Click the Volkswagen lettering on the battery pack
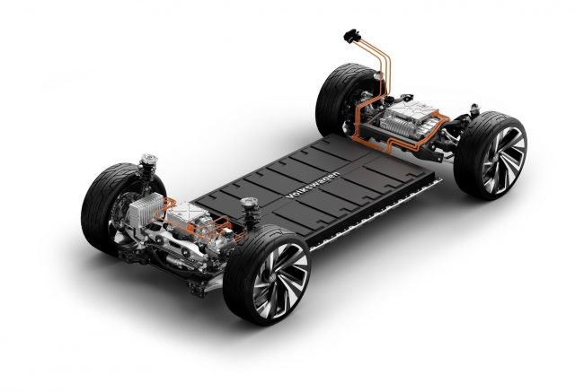click(313, 185)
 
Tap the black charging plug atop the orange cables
click(352, 36)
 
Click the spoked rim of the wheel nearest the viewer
click(280, 279)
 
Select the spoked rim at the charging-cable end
click(503, 160)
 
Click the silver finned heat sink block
click(146, 209)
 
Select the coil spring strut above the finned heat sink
click(147, 168)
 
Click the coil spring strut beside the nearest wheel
click(251, 213)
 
